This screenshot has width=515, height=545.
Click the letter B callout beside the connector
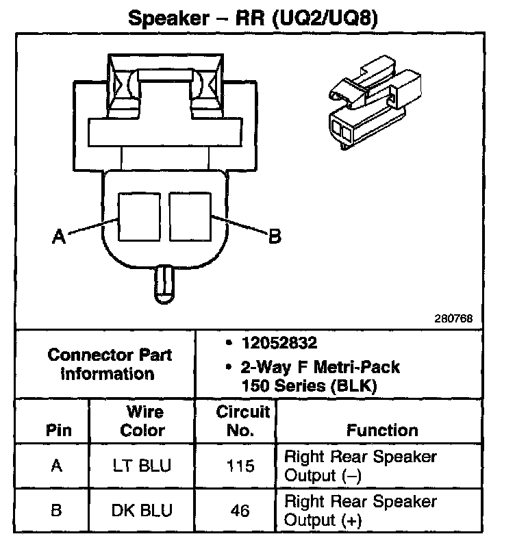pyautogui.click(x=273, y=237)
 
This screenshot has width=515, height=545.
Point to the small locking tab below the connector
pyautogui.click(x=164, y=283)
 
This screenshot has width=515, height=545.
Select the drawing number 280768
pyautogui.click(x=452, y=319)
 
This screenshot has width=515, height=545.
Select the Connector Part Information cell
pyautogui.click(x=110, y=364)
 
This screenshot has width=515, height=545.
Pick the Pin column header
pyautogui.click(x=58, y=431)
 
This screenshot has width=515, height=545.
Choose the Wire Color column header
pyautogui.click(x=142, y=421)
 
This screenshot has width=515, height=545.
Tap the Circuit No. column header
pyautogui.click(x=243, y=421)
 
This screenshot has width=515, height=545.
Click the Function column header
pyautogui.click(x=382, y=431)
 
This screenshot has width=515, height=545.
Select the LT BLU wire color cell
pyautogui.click(x=142, y=466)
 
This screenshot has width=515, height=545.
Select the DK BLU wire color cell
pyautogui.click(x=142, y=510)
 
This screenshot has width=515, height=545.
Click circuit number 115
pyautogui.click(x=240, y=466)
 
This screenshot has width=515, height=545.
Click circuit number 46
pyautogui.click(x=240, y=511)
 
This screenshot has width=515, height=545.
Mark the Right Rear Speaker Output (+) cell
pyautogui.click(x=360, y=511)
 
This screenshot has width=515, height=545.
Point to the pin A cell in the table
pyautogui.click(x=58, y=466)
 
